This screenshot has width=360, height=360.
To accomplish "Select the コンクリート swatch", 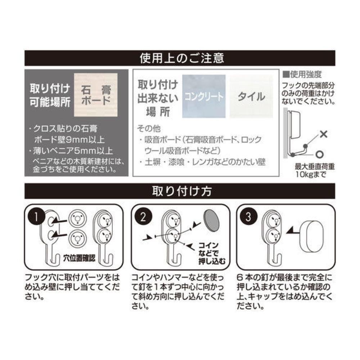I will pos(204,96).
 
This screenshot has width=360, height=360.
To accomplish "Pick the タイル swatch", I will pos(251,96).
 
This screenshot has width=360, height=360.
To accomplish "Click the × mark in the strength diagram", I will pos(323,135).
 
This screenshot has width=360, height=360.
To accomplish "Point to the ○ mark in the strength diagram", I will pos(319,154).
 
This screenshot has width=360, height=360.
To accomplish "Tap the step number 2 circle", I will pos(144,217).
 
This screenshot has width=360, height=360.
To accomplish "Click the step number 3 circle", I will pos(248,217).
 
